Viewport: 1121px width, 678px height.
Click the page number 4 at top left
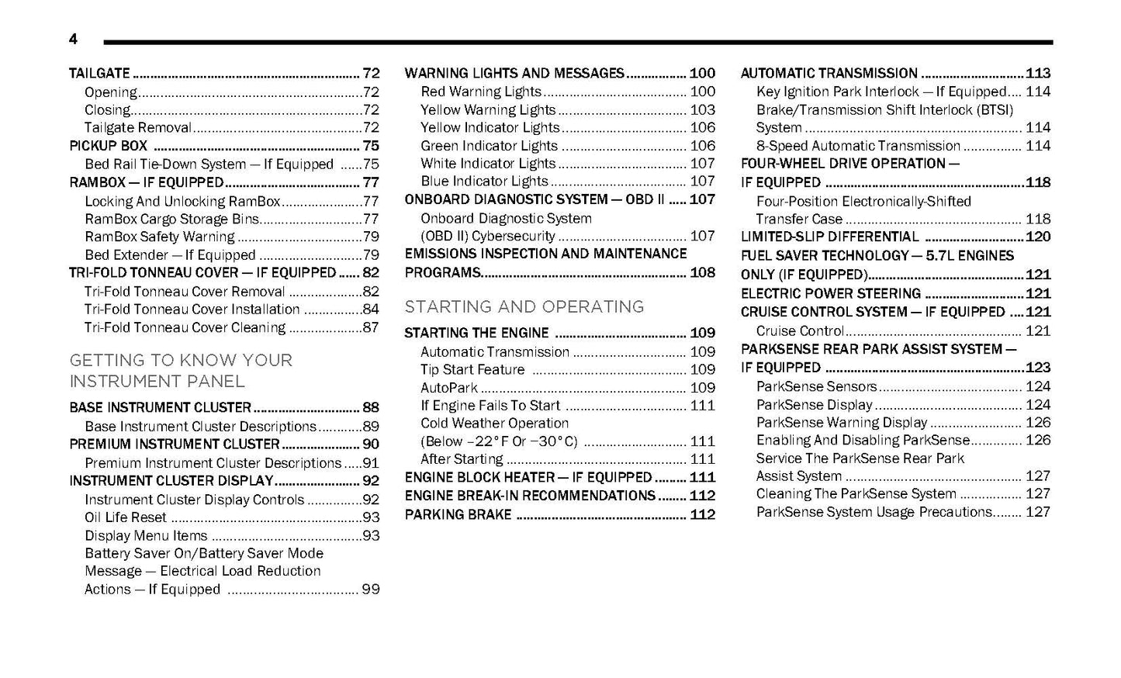(73, 40)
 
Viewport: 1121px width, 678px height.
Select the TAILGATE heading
(99, 74)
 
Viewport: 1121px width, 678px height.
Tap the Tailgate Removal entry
(138, 128)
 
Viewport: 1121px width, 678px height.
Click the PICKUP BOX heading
(108, 146)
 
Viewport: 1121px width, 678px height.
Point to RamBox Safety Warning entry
(160, 237)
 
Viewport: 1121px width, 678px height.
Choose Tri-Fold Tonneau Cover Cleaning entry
(185, 327)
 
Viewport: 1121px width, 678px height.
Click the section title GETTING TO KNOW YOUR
(181, 360)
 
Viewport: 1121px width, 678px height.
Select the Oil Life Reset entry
(126, 517)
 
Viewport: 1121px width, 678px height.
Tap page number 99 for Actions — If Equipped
(370, 590)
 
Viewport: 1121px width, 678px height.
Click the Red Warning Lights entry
(480, 92)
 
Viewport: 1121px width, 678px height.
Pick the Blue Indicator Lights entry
(484, 182)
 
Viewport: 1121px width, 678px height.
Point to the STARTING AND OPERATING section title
(524, 306)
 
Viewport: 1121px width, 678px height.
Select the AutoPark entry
(449, 388)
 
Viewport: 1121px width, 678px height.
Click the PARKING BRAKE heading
(458, 514)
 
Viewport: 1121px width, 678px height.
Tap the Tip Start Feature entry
(472, 370)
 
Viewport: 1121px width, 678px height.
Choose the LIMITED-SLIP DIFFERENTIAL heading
(829, 237)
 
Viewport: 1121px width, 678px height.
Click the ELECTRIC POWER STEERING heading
(831, 293)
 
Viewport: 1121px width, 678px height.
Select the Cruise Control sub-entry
(800, 331)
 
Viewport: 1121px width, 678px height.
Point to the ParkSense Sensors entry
(816, 386)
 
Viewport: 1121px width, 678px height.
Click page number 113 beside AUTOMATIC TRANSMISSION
(1037, 74)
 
